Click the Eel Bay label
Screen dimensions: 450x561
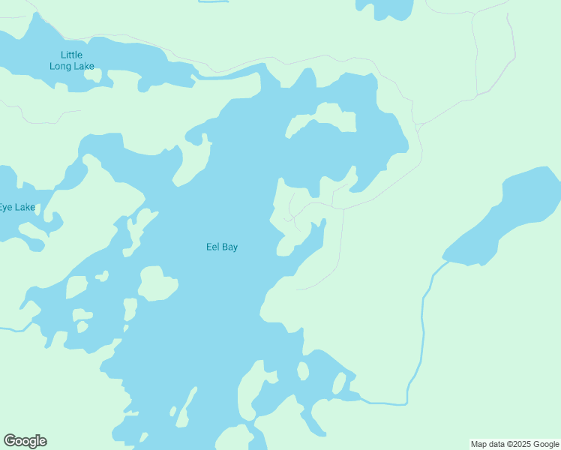point(222,247)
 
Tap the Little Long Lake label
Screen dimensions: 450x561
point(72,61)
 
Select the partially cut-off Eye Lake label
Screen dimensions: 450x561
point(16,207)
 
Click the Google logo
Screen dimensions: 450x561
point(25,441)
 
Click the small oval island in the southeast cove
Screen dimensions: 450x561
point(303,371)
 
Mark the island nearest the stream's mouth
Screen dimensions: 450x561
point(339,384)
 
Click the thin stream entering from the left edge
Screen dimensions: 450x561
point(11,328)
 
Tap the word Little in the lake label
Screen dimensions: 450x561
point(72,55)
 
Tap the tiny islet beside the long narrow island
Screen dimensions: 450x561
point(173,411)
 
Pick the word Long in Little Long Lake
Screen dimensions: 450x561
point(60,66)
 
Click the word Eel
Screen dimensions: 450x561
point(212,247)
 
